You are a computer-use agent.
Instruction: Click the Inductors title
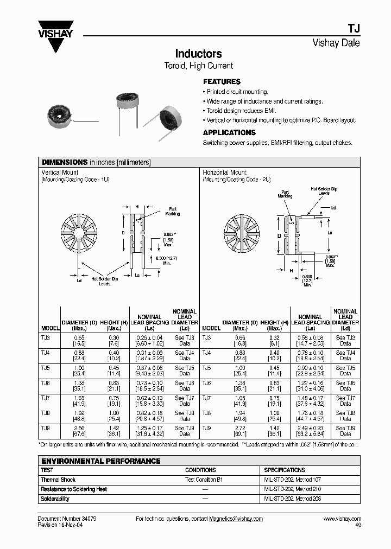(x=198, y=54)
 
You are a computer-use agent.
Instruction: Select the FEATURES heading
(x=222, y=81)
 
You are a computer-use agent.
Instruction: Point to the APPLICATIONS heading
(x=229, y=132)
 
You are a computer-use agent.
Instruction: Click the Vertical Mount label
(x=60, y=173)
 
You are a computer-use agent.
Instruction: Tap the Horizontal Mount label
(x=225, y=173)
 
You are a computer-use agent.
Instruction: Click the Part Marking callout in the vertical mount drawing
(x=173, y=211)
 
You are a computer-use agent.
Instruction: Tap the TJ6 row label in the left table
(x=46, y=383)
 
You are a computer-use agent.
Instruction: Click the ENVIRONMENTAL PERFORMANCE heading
(x=100, y=461)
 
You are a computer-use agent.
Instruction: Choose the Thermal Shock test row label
(x=58, y=480)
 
